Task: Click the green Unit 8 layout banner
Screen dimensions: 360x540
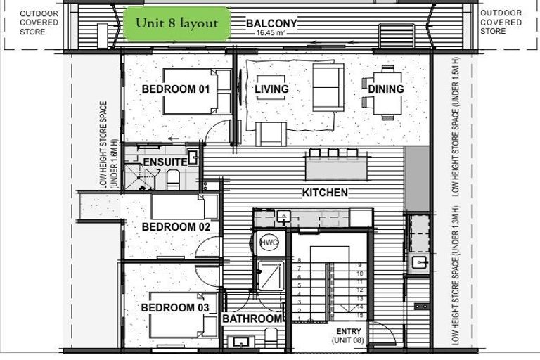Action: coord(176,23)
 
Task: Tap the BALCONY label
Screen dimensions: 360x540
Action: coord(271,23)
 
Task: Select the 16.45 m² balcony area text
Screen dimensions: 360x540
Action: coord(271,33)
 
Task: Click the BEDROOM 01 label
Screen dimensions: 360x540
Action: coord(176,89)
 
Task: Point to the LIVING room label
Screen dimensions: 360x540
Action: coord(271,89)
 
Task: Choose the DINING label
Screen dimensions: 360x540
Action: coord(385,89)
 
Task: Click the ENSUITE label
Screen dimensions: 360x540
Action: coord(165,162)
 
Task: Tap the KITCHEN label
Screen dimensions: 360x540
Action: coord(325,193)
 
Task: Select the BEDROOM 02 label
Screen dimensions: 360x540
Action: coord(176,227)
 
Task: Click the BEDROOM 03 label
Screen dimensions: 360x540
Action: coord(176,308)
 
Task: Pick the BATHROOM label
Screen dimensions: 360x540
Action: coord(252,319)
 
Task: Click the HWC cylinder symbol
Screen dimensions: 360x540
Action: coord(269,243)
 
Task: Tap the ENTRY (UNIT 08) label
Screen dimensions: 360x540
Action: coord(348,335)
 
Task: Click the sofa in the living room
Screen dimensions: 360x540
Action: coord(328,86)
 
